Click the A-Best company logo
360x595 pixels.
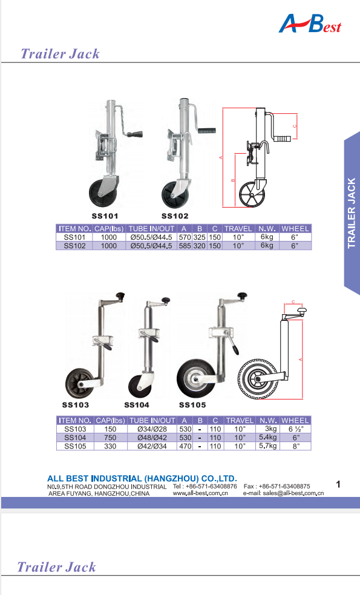coord(310,24)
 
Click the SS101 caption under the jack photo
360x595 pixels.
coord(105,216)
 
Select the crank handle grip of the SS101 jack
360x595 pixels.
coord(135,134)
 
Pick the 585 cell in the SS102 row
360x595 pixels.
coord(185,246)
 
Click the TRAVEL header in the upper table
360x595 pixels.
coord(238,228)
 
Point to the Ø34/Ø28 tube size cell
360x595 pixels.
coord(152,429)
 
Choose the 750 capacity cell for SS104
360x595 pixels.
coord(110,438)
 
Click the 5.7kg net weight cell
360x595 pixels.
coord(268,446)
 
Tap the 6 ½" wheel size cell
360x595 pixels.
coord(296,429)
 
